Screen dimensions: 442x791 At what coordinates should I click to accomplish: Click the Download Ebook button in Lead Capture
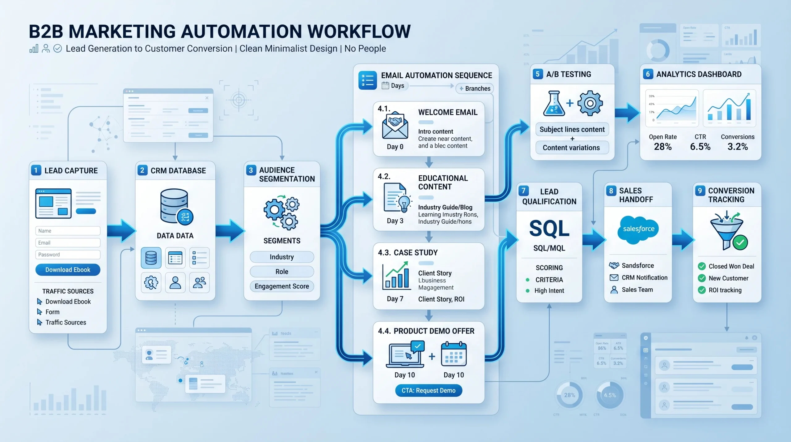68,270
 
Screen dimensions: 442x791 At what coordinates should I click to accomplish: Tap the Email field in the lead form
68,243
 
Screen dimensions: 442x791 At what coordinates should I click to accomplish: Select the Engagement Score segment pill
281,286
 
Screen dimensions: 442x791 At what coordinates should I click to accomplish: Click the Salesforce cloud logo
638,229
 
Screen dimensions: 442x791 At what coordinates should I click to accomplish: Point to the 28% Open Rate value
662,147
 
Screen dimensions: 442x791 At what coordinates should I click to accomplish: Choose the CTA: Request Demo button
429,390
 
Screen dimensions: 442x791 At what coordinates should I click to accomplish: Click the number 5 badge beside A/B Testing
538,74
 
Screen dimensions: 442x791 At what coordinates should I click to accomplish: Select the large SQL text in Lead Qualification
549,229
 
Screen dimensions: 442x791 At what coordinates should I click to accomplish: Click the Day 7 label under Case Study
395,299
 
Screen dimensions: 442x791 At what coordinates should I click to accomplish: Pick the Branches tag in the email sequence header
475,89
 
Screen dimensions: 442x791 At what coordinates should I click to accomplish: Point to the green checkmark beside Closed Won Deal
702,266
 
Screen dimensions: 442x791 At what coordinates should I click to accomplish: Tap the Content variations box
572,148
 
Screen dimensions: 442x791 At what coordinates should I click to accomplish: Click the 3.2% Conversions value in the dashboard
738,147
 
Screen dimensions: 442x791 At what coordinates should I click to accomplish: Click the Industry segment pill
281,257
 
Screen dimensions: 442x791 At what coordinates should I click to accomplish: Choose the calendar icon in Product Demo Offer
454,354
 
